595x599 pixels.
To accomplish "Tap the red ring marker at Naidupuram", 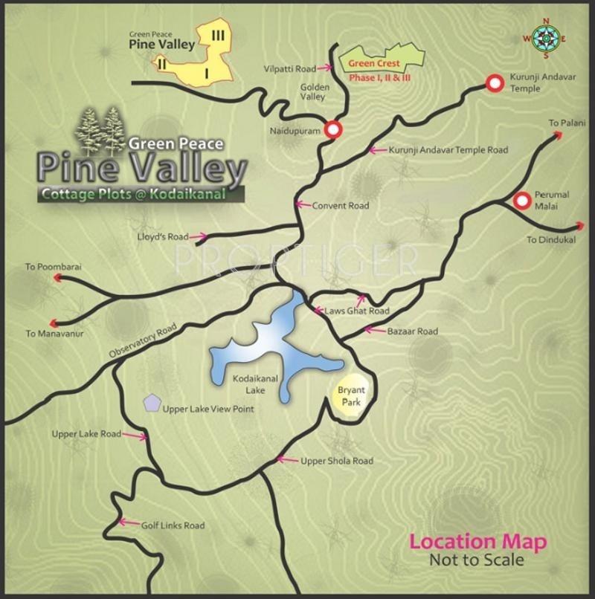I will pyautogui.click(x=332, y=129).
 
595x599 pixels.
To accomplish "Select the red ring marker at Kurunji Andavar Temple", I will pyautogui.click(x=494, y=83).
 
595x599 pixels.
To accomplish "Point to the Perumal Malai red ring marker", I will pyautogui.click(x=522, y=200).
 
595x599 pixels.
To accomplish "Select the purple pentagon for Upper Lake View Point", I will pyautogui.click(x=152, y=404).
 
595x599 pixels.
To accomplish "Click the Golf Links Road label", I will pyautogui.click(x=173, y=525).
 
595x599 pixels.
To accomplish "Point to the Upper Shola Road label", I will pyautogui.click(x=336, y=461).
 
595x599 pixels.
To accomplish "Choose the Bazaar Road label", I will pyautogui.click(x=412, y=331).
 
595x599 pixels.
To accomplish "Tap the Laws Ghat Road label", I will pyautogui.click(x=357, y=311).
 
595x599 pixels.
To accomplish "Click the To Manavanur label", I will pyautogui.click(x=54, y=334).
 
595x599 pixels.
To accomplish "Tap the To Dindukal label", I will pyautogui.click(x=551, y=240).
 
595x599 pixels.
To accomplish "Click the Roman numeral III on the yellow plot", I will pyautogui.click(x=218, y=35).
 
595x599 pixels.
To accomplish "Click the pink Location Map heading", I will pyautogui.click(x=478, y=542).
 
